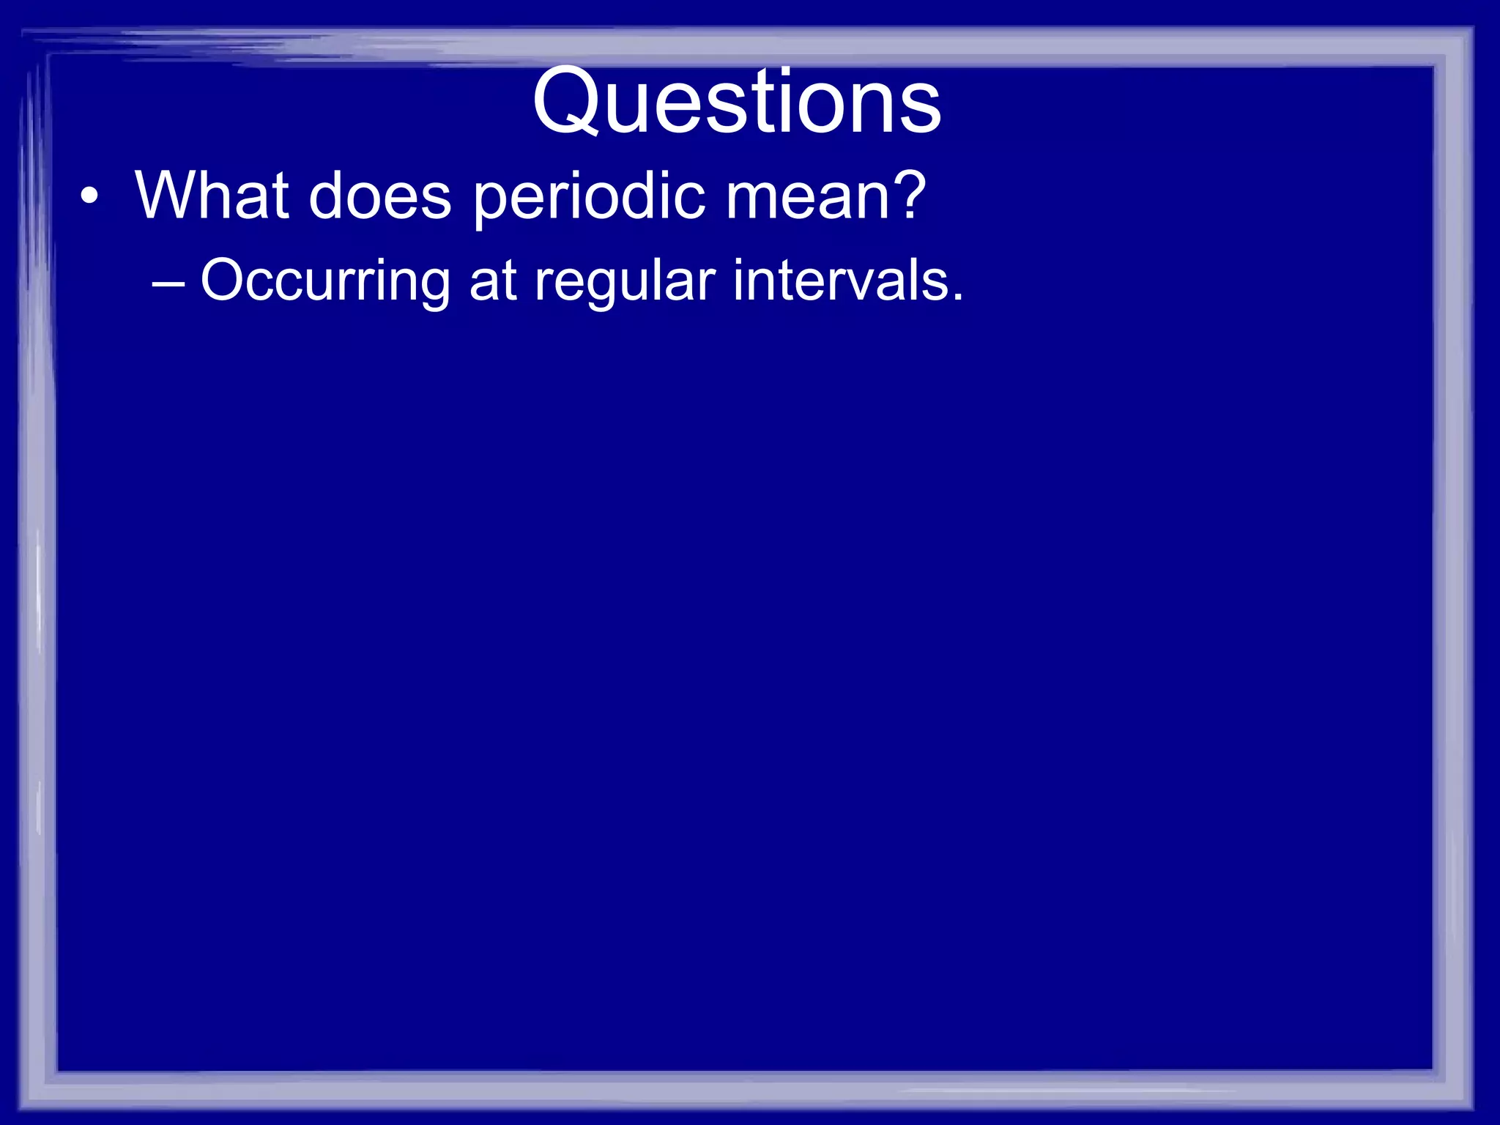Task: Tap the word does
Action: [x=380, y=196]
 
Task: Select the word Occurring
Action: [x=325, y=281]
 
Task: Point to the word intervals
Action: [x=837, y=280]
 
